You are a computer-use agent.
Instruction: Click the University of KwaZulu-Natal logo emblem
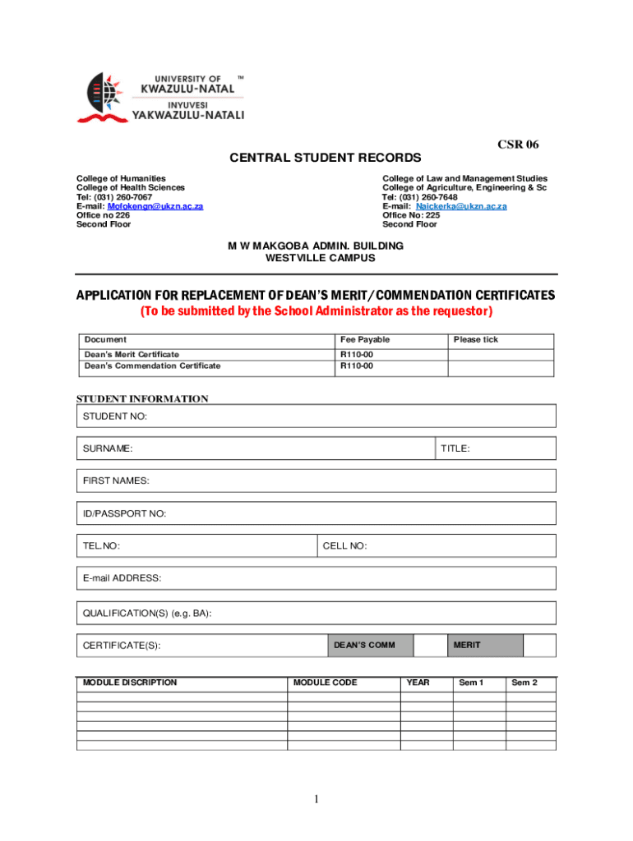(102, 96)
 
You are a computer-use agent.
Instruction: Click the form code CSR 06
(518, 145)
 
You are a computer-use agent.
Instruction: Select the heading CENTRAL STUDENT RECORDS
(325, 158)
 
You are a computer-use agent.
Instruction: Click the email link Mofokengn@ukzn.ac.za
(155, 206)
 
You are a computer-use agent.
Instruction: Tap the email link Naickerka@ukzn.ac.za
(461, 206)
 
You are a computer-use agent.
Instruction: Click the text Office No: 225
(411, 215)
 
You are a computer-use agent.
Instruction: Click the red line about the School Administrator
(316, 311)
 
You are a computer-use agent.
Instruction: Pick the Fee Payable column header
(365, 340)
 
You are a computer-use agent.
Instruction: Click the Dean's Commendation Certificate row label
(153, 365)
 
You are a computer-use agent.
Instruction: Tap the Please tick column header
(476, 340)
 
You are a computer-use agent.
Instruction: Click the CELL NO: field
(437, 546)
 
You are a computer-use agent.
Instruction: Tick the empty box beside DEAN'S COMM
(430, 646)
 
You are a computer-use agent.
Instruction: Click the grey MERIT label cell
(485, 646)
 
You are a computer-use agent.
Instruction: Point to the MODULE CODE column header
(326, 682)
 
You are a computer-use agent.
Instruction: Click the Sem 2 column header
(524, 682)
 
